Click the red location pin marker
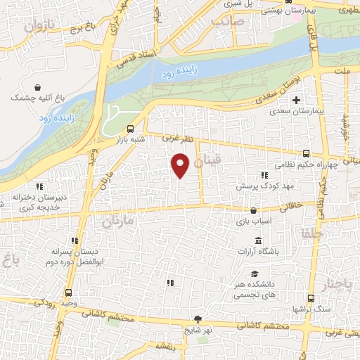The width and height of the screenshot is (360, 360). [181, 166]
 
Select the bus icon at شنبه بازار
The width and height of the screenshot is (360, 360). [129, 129]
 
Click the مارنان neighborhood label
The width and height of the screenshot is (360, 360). [117, 222]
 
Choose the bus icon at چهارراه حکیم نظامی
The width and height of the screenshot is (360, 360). [305, 153]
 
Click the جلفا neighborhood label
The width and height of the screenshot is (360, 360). [310, 233]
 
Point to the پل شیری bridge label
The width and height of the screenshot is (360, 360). [231, 4]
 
